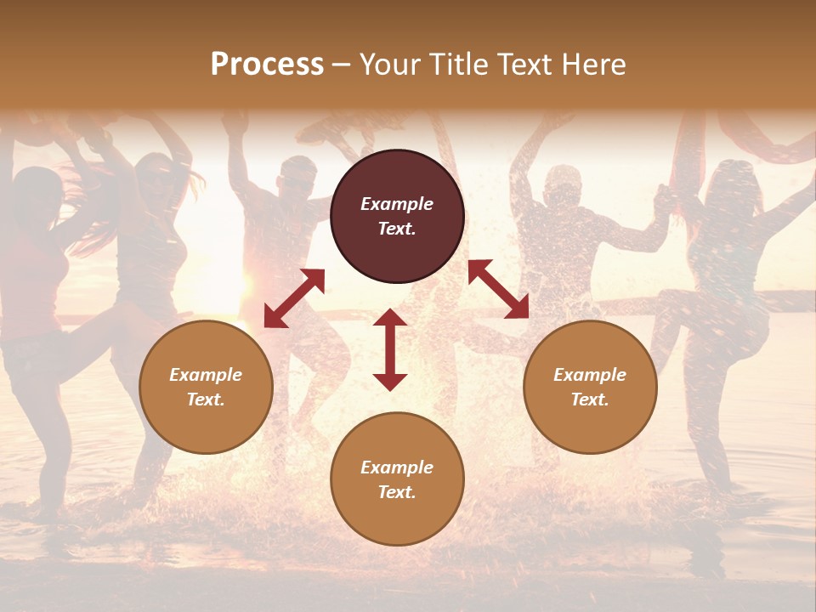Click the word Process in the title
267,65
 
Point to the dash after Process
342,66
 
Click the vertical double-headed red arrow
390,349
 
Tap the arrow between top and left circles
294,298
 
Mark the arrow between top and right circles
498,289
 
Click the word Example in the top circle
397,204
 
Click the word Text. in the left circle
206,399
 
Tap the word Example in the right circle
590,375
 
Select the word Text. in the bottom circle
397,492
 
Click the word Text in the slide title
525,65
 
